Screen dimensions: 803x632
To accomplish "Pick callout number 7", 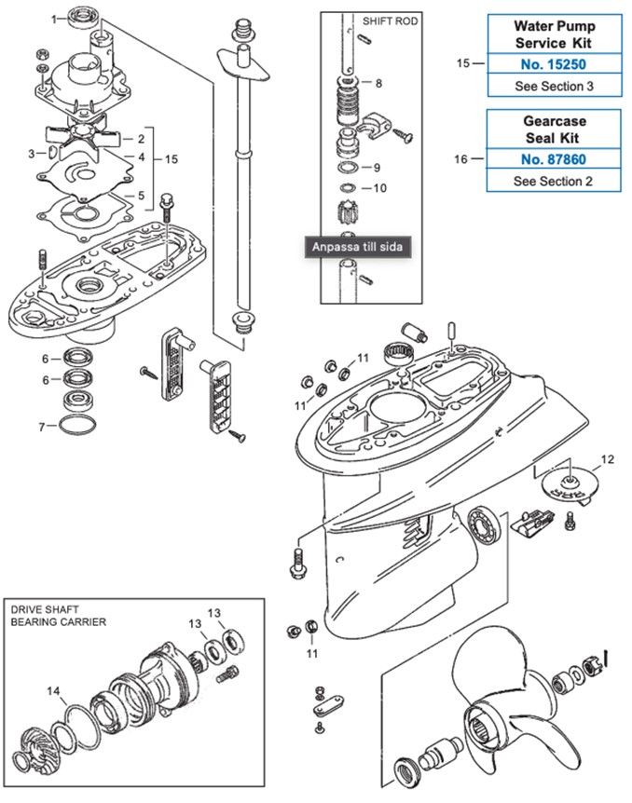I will (x=42, y=427).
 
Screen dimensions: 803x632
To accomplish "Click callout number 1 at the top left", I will (x=52, y=18).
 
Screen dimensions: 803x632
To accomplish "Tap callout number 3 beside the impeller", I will (x=31, y=154).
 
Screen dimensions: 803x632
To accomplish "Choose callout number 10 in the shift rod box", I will (x=380, y=188).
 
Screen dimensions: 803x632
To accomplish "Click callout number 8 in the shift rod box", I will (x=378, y=83).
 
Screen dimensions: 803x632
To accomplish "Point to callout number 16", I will (x=460, y=159).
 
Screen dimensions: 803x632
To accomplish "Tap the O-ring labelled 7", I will (x=76, y=426).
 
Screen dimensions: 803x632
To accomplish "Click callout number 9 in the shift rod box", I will (x=377, y=169).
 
